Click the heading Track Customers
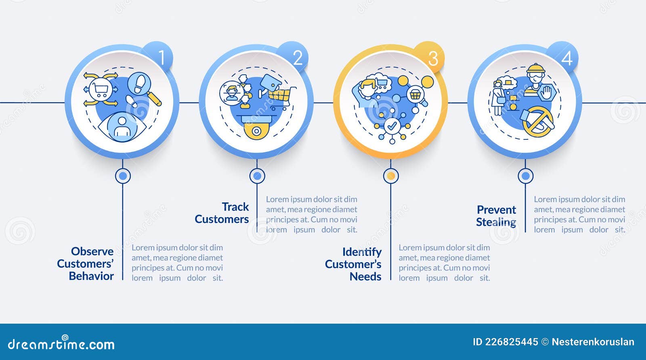[222, 213]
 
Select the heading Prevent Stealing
[496, 216]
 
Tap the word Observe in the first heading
[92, 251]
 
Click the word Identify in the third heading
[362, 252]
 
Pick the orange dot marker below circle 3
[391, 176]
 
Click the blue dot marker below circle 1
[123, 176]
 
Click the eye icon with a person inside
[122, 127]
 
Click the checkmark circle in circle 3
[392, 126]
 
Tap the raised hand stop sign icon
[545, 93]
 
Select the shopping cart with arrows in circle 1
[101, 89]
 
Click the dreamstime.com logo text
[61, 343]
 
